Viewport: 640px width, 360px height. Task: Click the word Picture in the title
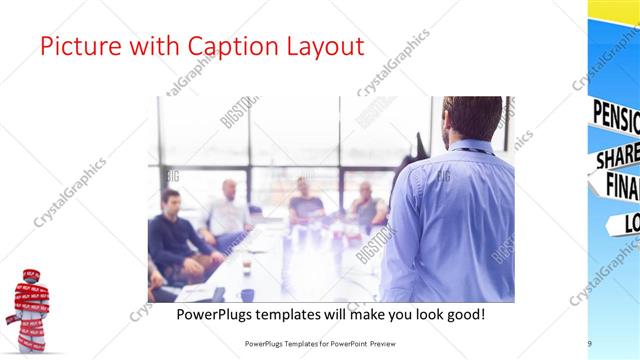[79, 48]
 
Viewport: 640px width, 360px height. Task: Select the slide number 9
[589, 344]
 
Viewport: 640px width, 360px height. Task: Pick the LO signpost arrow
[625, 223]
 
